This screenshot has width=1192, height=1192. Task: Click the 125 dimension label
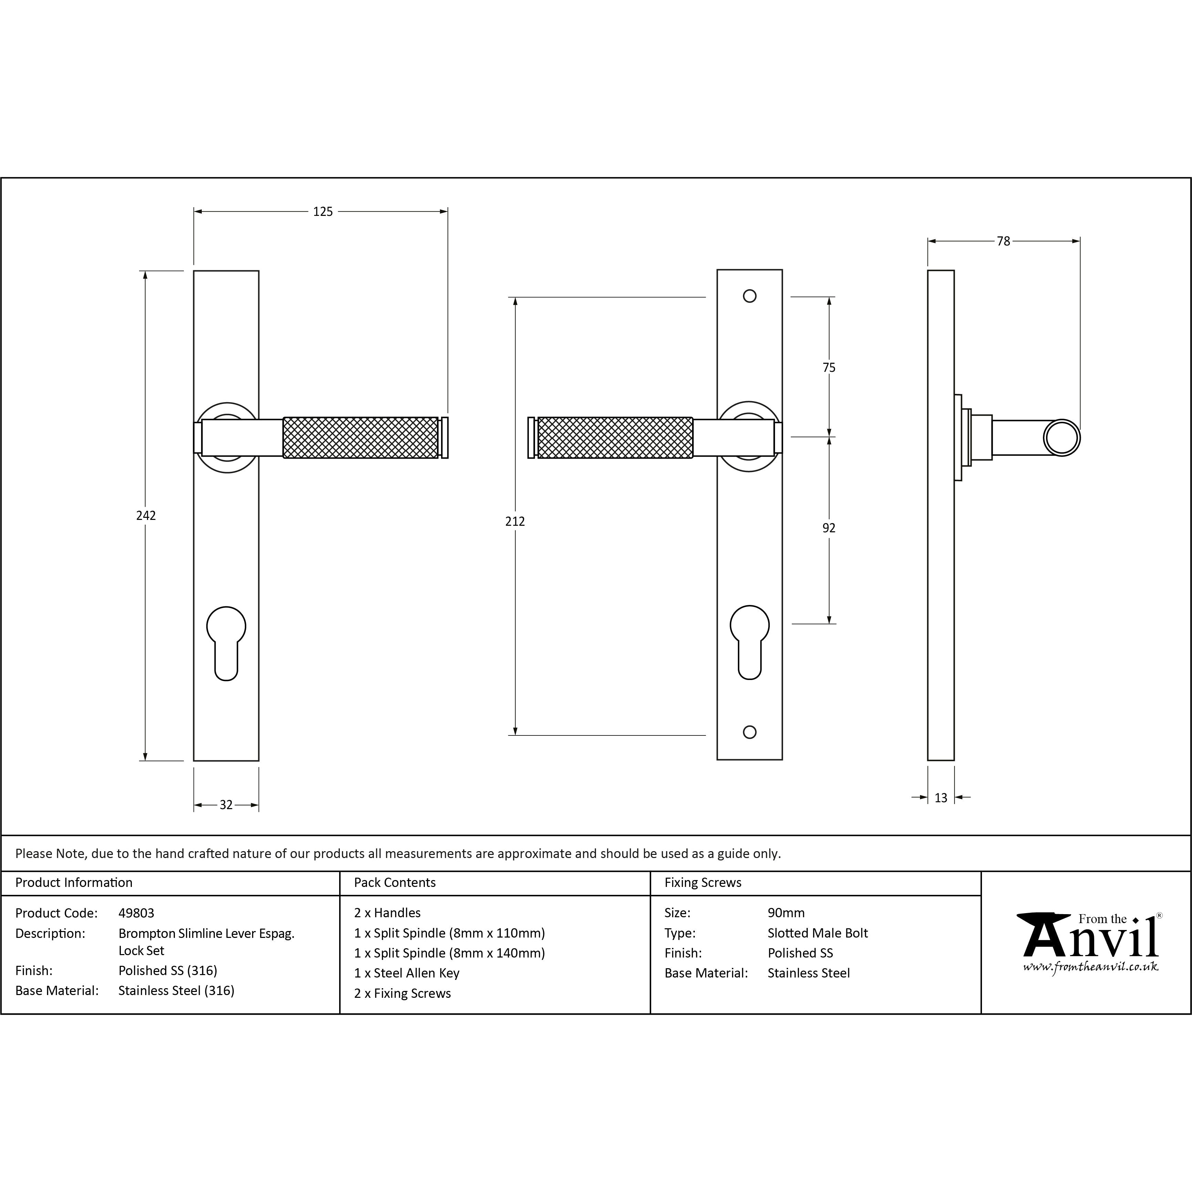[323, 212]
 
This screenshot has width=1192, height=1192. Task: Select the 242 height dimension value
[146, 515]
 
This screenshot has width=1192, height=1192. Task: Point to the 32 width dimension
[226, 805]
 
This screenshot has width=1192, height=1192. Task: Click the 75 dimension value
[829, 368]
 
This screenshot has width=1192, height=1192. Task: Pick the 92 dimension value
[829, 528]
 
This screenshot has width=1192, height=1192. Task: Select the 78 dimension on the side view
[1003, 241]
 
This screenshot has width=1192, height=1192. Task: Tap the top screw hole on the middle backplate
[750, 296]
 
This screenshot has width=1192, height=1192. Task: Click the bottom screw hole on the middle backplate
[750, 732]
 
